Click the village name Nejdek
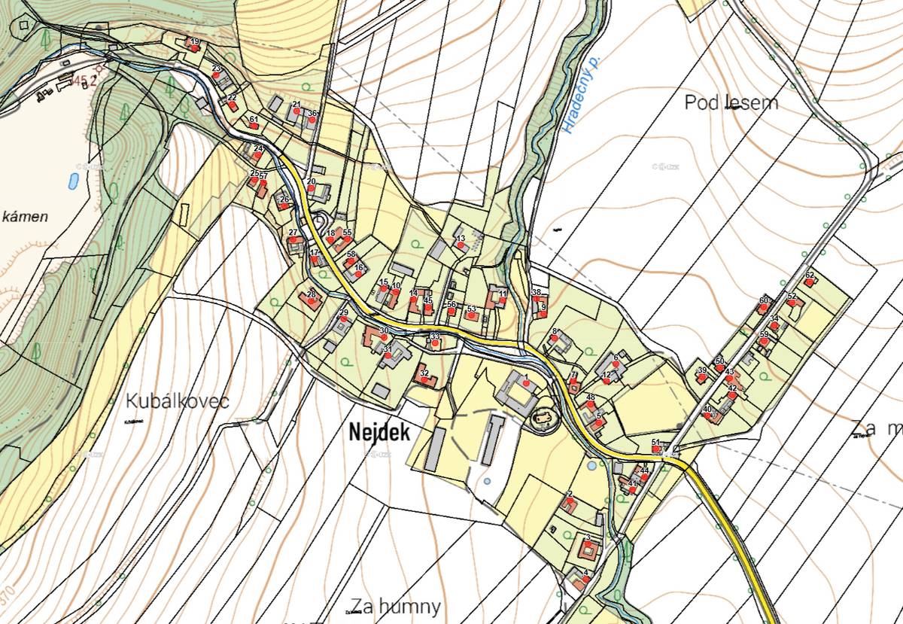(379, 433)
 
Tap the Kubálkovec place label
(178, 400)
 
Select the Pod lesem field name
(731, 102)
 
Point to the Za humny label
(395, 606)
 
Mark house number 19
(195, 42)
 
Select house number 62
(810, 275)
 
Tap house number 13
(461, 239)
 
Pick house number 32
(424, 374)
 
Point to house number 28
(311, 294)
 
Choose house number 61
(254, 120)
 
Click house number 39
(702, 371)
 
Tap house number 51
(655, 443)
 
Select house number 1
(526, 377)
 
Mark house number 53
(471, 309)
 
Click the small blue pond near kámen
(73, 181)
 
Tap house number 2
(570, 495)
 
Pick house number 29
(344, 312)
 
